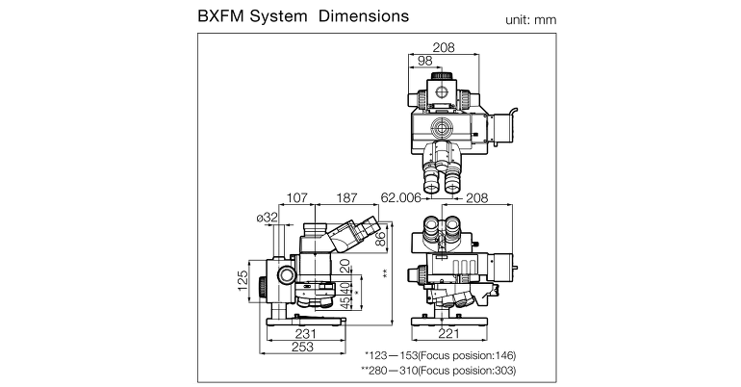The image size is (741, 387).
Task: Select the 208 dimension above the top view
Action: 445,47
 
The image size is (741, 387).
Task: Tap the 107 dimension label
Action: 297,197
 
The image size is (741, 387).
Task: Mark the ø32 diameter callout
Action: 268,218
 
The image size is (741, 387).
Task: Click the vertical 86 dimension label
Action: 380,238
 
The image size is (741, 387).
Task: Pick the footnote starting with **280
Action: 438,371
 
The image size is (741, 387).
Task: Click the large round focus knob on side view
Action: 287,274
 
